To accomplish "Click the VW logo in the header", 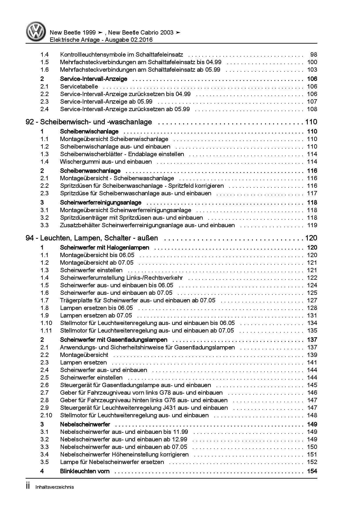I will point(36,32).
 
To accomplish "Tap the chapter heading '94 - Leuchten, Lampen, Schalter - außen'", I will point(92,238).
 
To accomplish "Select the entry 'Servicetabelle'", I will point(79,86).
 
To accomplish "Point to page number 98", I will point(314,55).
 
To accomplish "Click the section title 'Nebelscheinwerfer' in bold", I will point(85,424).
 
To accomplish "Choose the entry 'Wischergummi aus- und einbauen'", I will point(106,162).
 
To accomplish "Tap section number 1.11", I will point(46,331).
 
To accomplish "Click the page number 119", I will point(312,225).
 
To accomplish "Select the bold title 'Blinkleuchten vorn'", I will point(85,471).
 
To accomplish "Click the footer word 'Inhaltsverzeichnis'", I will point(55,487).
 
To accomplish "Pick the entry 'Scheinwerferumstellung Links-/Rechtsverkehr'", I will point(121,278).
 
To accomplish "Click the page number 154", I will point(312,471).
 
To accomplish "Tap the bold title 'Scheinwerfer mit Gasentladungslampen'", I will point(114,340).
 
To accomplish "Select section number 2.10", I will point(46,415).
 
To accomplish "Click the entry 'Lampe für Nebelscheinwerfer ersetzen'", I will point(112,462).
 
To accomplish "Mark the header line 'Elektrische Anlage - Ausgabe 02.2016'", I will point(101,40).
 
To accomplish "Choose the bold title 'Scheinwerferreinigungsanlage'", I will point(101,203).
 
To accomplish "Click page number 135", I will point(312,331).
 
